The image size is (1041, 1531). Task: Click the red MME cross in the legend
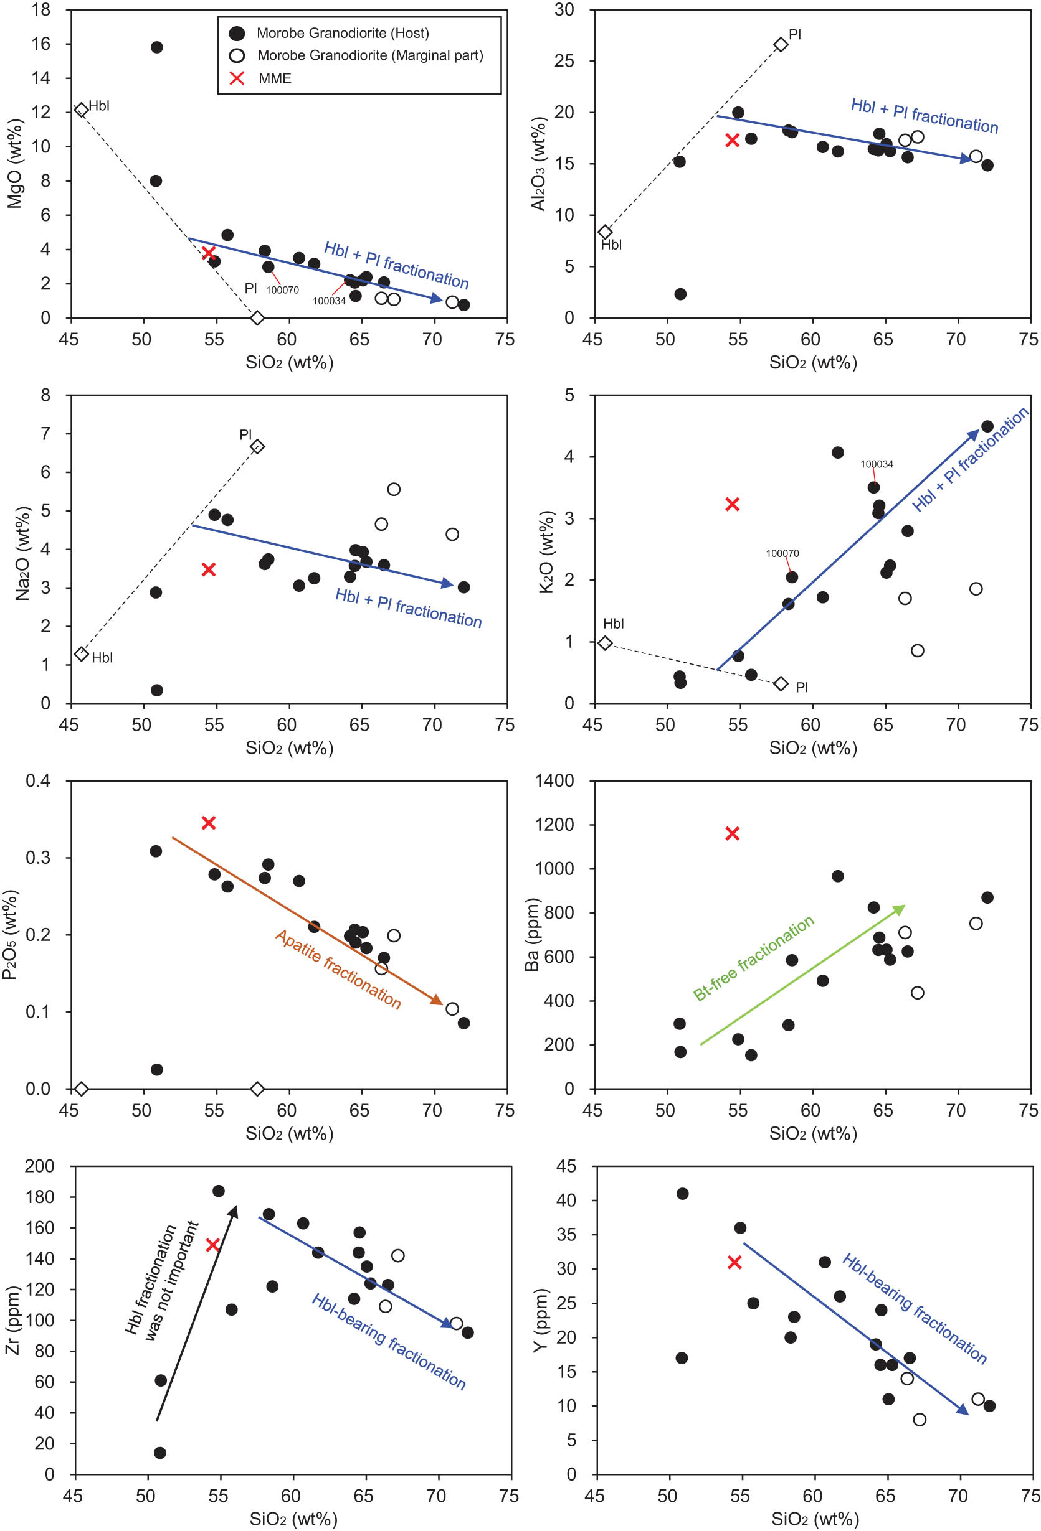[237, 78]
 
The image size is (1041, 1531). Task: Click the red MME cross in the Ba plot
[732, 833]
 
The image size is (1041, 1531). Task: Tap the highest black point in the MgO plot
[156, 47]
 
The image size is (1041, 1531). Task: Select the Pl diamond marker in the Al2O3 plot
[781, 45]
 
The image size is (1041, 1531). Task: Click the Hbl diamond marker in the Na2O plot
[81, 654]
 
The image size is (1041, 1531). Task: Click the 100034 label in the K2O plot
[876, 464]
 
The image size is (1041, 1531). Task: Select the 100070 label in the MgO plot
[282, 290]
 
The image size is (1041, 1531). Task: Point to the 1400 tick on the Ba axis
[554, 780]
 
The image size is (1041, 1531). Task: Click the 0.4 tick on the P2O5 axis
[37, 780]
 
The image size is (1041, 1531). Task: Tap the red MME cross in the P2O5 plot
[209, 822]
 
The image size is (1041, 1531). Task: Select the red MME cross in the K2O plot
[732, 504]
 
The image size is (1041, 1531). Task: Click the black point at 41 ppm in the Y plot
[682, 1194]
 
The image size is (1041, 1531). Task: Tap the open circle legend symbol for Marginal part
[237, 55]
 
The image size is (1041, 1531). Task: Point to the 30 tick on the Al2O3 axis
[564, 10]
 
